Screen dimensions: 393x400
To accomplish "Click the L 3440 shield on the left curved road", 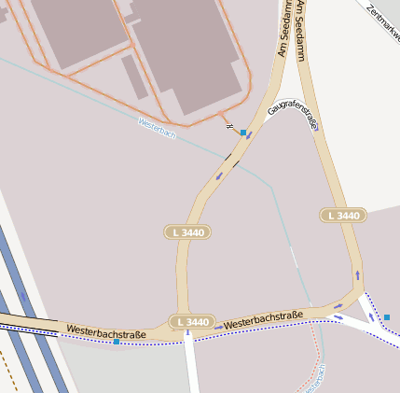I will coord(189,232).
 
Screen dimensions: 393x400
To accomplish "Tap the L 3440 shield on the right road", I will coord(343,216).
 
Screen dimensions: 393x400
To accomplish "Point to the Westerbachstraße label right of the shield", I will coord(264,319).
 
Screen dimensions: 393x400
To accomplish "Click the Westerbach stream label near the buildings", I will coord(157,129).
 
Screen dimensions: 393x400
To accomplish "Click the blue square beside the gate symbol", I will coord(243,133).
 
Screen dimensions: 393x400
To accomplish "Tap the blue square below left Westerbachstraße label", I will coord(116,342).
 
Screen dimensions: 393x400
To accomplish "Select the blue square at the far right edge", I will coord(387,317).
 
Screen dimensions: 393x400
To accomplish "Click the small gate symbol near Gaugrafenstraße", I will coord(229,127).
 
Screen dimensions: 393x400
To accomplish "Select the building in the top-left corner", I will coord(75,28).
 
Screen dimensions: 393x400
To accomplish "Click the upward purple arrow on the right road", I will coord(358,275).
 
